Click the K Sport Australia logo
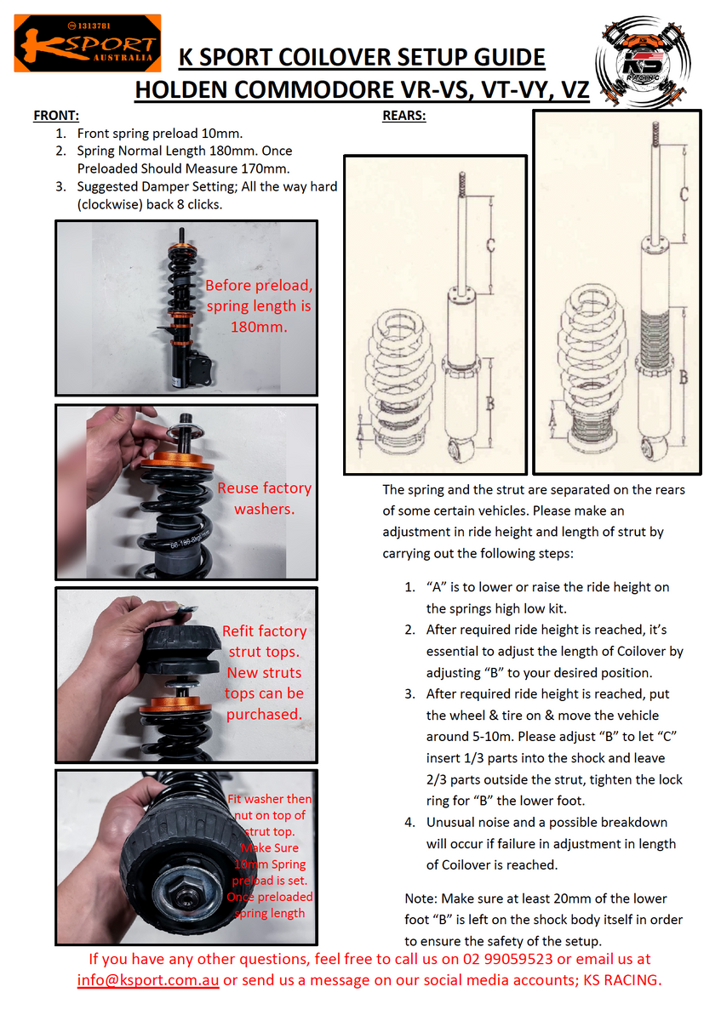[87, 43]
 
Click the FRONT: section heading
[56, 116]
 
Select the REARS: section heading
[403, 116]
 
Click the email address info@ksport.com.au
[148, 980]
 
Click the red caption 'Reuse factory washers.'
[264, 499]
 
